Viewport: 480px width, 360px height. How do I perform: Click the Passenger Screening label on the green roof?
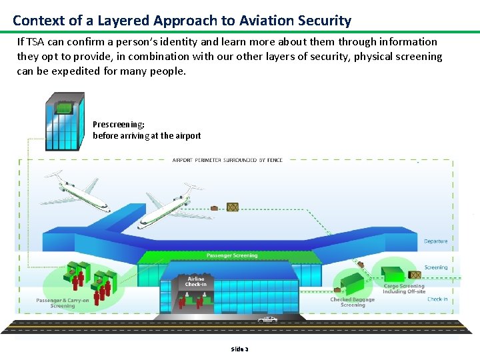[231, 255]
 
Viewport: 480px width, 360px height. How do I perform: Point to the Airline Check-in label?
[196, 282]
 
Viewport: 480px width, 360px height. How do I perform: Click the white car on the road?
[267, 320]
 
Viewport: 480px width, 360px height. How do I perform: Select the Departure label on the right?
[435, 241]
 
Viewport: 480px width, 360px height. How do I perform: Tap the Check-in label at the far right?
[437, 299]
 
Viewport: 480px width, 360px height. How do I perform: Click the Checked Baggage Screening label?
[353, 302]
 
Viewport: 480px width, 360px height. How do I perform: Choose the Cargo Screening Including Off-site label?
[404, 289]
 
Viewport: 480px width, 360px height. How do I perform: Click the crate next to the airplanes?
[232, 207]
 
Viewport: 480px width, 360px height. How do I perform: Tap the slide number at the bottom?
[239, 349]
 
